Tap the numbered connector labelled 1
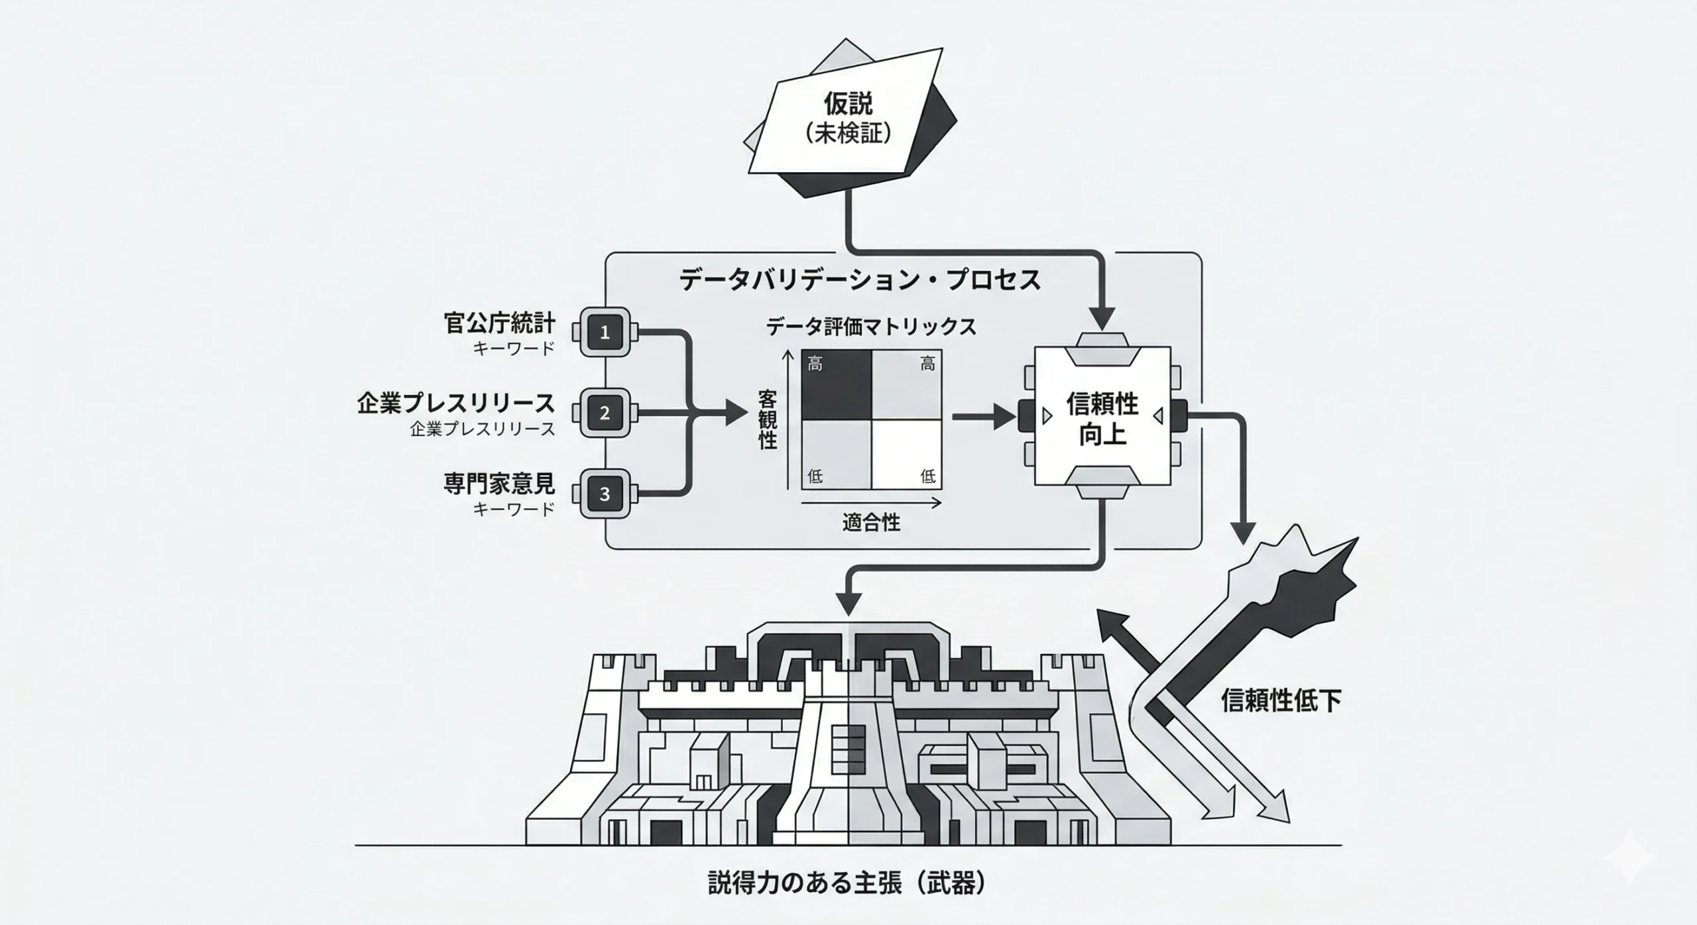604,333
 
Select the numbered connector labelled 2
604,413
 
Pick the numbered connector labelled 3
604,494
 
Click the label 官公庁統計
499,323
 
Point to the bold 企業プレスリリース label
455,403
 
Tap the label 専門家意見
499,484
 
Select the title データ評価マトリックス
870,327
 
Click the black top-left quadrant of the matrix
836,385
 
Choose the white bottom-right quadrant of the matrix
906,455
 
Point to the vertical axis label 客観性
767,419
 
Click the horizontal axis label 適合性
871,523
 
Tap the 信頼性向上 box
1102,417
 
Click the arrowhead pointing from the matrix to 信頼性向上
1005,417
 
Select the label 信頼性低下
1281,701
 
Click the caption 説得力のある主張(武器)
847,884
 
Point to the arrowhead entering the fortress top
849,604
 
